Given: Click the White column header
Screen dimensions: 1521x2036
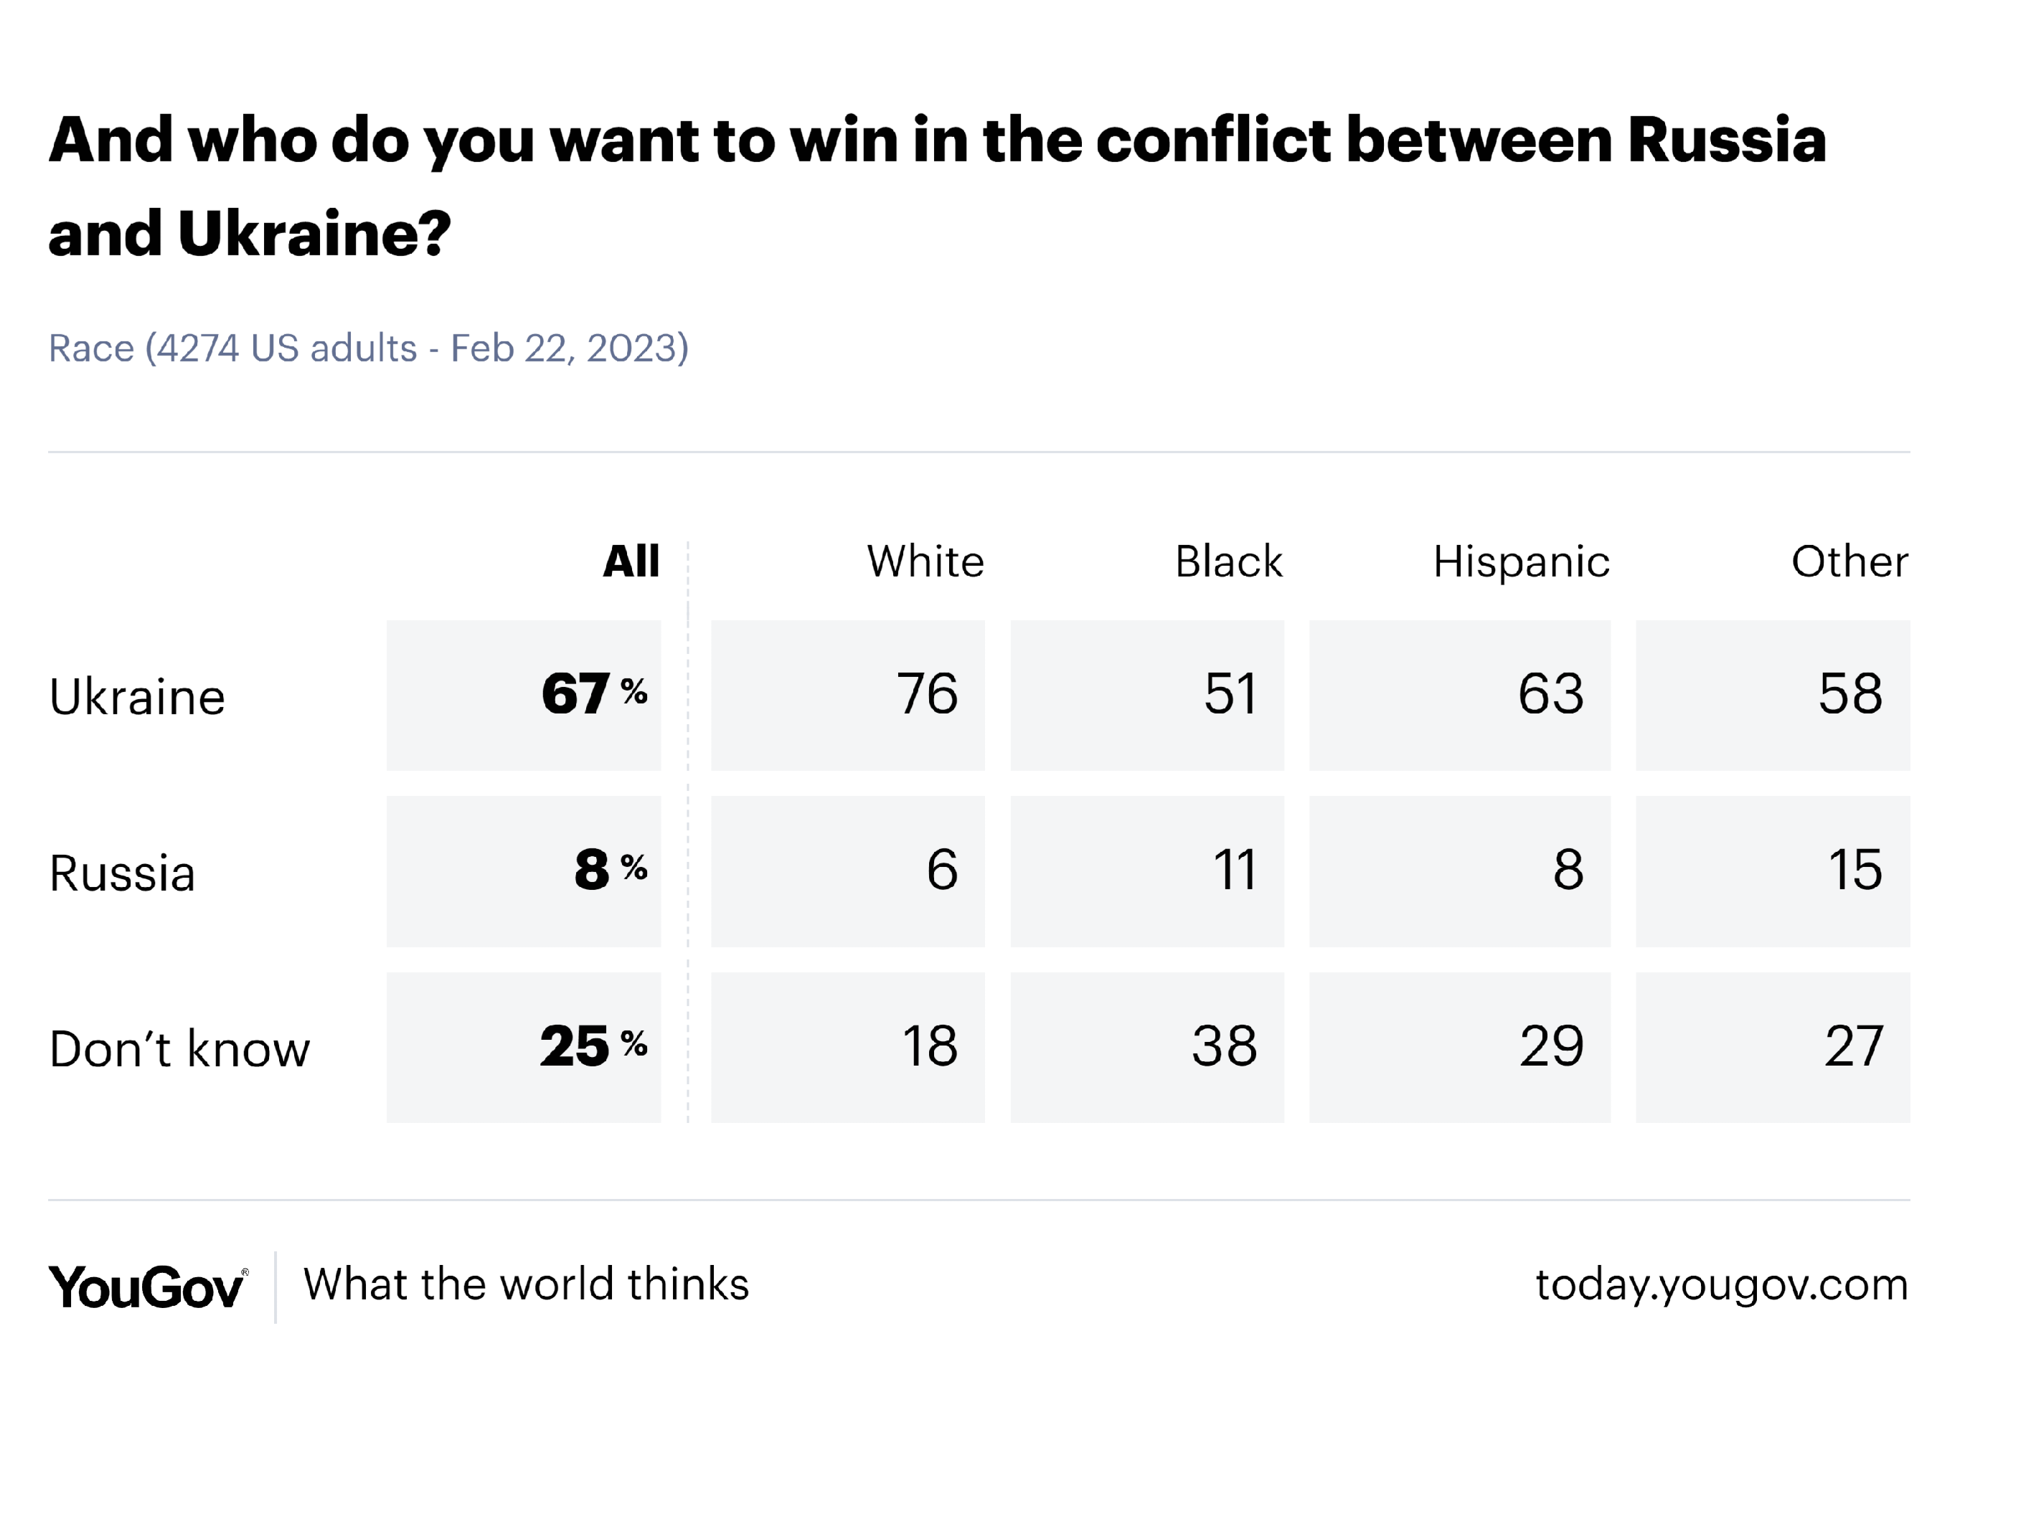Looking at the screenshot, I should (925, 562).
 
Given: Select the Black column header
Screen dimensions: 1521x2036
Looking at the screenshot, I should (1228, 562).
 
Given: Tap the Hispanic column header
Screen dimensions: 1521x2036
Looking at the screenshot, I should (1521, 562).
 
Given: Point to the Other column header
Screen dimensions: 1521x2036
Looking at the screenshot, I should (1849, 562).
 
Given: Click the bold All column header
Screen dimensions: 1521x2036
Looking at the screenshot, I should (631, 562).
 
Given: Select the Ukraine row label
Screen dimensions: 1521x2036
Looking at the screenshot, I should (137, 696).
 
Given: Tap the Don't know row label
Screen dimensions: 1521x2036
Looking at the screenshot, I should (179, 1049).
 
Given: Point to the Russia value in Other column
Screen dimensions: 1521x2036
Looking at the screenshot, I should (1854, 870).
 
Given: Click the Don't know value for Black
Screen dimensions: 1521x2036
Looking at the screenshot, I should (1224, 1046).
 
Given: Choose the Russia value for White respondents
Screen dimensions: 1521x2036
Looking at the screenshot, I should (942, 870).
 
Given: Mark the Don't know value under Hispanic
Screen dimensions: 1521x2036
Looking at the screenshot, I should (1551, 1046).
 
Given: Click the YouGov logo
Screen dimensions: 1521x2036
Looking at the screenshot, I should (147, 1287).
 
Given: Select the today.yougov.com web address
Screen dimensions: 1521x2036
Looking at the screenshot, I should (1721, 1284).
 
